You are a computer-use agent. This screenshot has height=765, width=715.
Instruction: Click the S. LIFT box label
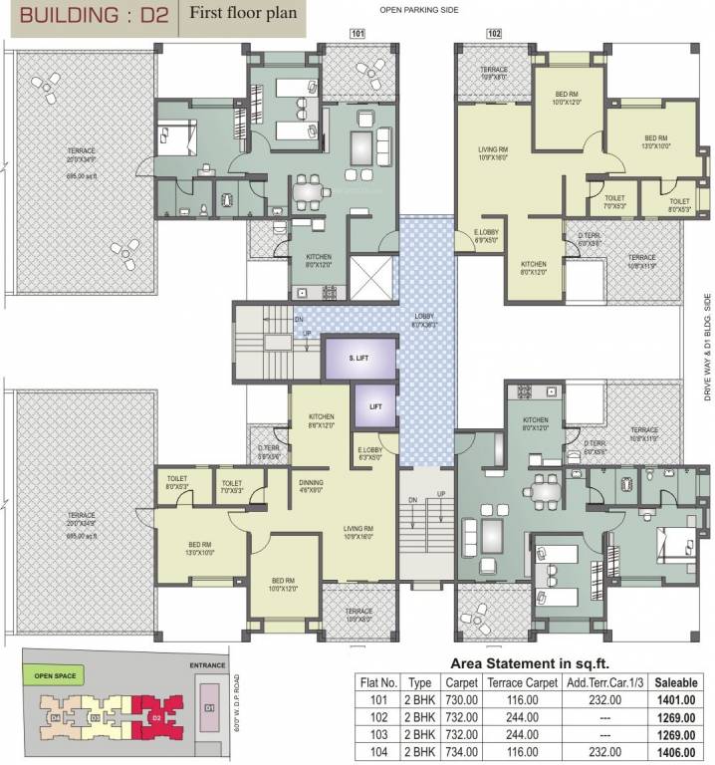click(x=359, y=358)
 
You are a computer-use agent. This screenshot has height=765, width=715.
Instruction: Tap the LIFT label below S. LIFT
click(x=374, y=407)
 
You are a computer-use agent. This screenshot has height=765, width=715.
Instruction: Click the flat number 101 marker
click(x=358, y=33)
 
